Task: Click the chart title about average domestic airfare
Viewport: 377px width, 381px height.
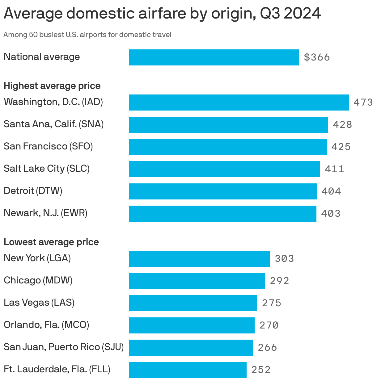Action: pos(162,14)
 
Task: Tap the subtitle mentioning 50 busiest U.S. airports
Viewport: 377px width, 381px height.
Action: pos(87,35)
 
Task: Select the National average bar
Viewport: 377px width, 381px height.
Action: pos(214,57)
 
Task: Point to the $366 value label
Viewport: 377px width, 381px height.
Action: pos(317,57)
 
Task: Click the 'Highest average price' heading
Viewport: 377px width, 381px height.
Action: pos(52,86)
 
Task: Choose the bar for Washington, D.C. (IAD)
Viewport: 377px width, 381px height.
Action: pos(239,103)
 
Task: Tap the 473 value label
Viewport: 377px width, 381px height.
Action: pos(363,103)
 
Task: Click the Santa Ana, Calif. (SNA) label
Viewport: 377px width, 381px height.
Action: pos(54,124)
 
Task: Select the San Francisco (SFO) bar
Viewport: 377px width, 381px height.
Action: pos(228,147)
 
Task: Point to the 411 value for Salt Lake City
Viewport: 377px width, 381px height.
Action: pos(334,169)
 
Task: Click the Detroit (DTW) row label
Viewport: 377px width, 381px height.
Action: pos(33,191)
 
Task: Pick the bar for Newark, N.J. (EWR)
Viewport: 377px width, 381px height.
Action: pos(222,214)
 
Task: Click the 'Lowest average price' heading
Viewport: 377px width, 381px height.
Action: pos(51,242)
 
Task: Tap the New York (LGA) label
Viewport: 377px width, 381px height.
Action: pos(37,258)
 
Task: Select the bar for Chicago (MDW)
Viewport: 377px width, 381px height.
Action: pos(197,281)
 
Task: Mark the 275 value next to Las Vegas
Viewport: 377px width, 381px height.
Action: pos(272,303)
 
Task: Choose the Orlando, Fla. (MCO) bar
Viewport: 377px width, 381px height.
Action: pos(192,325)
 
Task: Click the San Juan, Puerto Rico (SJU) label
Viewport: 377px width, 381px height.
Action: pos(64,347)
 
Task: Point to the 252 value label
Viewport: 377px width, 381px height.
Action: pos(261,370)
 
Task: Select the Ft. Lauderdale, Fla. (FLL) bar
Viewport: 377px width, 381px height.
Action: pos(188,370)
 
